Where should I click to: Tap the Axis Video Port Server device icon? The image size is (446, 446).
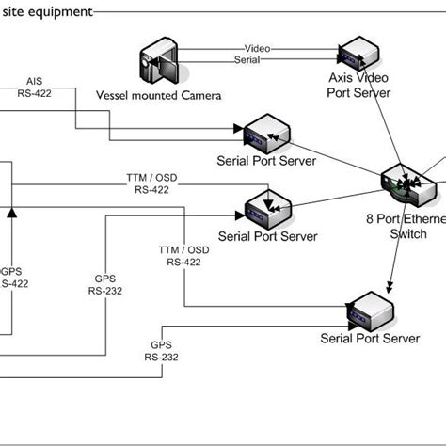tap(359, 55)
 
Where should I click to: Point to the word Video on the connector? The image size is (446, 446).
tap(257, 48)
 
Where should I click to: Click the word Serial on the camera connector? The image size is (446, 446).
tap(247, 60)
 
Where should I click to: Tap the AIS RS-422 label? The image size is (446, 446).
tap(35, 87)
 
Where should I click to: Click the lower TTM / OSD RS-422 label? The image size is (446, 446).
tap(183, 256)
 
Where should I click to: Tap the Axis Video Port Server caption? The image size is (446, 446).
tap(358, 86)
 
